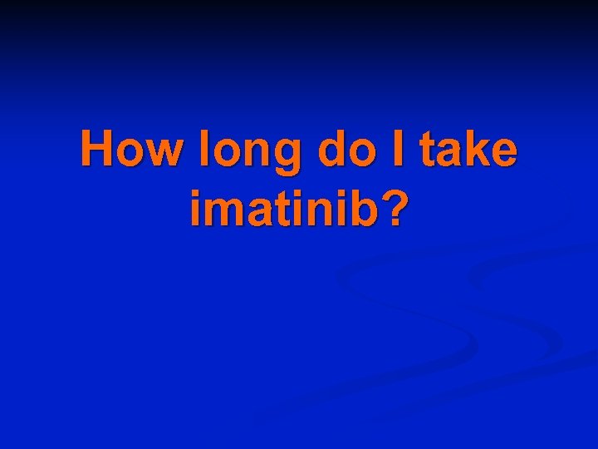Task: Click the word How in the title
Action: click(x=131, y=151)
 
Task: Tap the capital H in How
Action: click(x=97, y=150)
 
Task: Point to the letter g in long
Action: click(x=280, y=158)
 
